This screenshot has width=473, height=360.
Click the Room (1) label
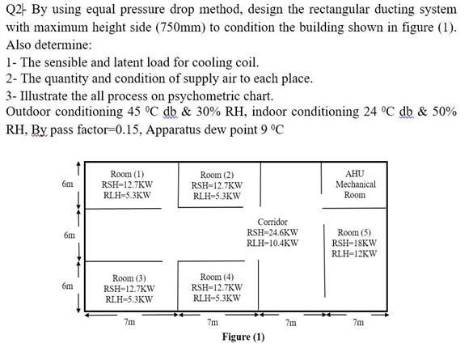128,174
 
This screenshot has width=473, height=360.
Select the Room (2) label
217,175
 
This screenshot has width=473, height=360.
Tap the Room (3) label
129,277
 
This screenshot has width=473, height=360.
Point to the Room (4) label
216,277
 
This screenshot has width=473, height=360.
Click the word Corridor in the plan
272,221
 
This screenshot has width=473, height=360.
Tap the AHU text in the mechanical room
354,174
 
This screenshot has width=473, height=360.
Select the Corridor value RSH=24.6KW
272,231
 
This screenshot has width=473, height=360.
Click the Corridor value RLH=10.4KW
272,242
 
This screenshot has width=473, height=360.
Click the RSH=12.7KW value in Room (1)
128,184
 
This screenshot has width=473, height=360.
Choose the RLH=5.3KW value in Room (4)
216,298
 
